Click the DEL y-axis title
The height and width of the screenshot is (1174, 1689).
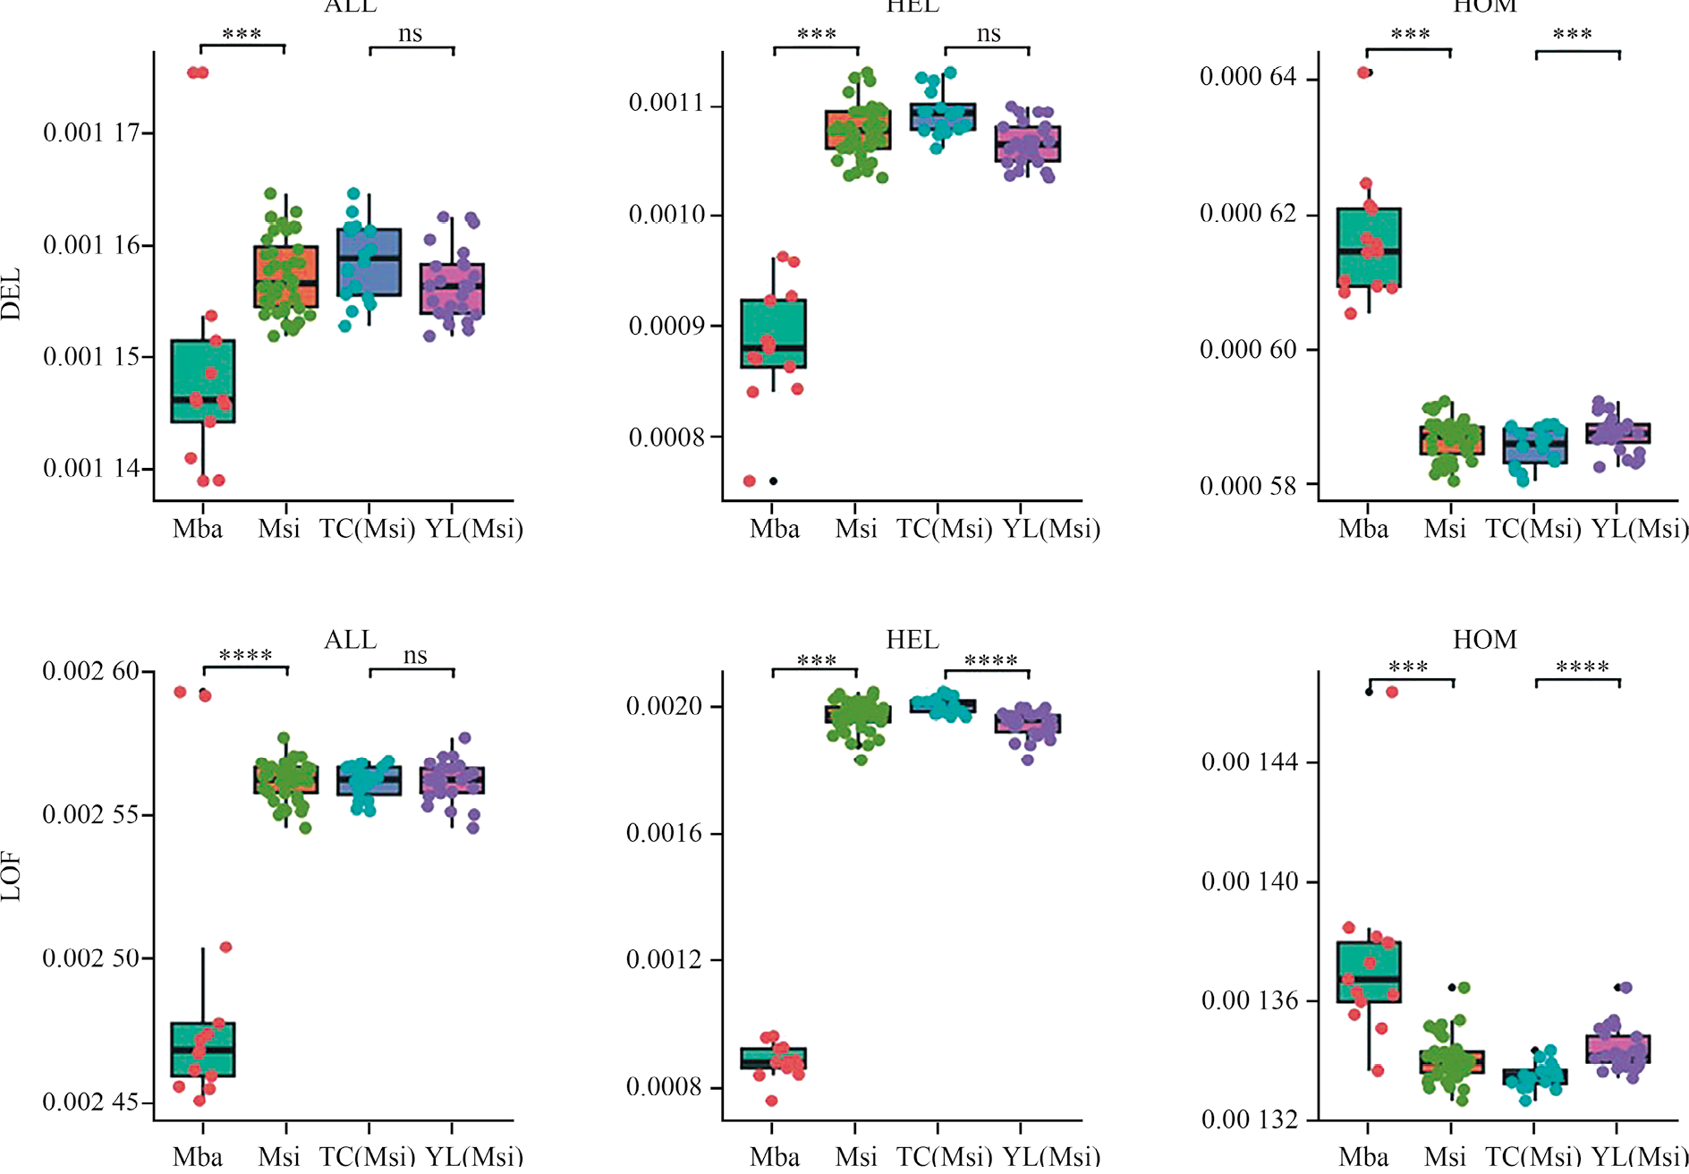click(x=11, y=294)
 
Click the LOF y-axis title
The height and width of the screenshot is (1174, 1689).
click(x=11, y=877)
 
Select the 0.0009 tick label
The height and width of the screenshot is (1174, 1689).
click(x=666, y=326)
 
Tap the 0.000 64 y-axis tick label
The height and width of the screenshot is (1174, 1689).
click(x=1247, y=77)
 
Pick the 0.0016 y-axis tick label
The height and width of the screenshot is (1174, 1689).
click(x=665, y=834)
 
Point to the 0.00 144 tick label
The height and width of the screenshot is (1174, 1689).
click(x=1249, y=762)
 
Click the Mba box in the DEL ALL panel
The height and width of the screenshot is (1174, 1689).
click(x=203, y=381)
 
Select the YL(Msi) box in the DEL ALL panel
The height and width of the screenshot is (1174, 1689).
click(x=453, y=288)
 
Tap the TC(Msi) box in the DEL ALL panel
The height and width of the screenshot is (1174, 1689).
click(x=369, y=262)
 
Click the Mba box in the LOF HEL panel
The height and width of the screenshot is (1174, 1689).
click(x=774, y=1059)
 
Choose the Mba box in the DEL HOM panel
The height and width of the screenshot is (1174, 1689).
click(x=1369, y=248)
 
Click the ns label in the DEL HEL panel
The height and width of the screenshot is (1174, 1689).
click(x=988, y=34)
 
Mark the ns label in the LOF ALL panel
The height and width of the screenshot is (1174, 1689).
click(x=414, y=655)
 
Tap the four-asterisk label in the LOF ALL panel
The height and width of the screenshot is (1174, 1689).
click(x=245, y=656)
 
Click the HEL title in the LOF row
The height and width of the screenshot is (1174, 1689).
click(x=912, y=640)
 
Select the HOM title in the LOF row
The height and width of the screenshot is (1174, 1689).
click(x=1484, y=640)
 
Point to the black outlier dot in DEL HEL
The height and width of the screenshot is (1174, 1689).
click(x=774, y=481)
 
